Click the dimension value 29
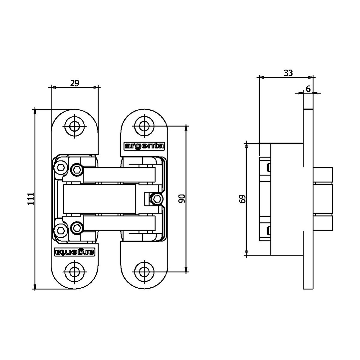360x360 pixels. pyautogui.click(x=75, y=83)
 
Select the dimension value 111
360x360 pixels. pyautogui.click(x=31, y=198)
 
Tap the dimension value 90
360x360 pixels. pyautogui.click(x=181, y=199)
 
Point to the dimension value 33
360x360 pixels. pyautogui.click(x=288, y=73)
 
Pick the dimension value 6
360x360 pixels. pyautogui.click(x=308, y=89)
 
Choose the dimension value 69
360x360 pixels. pyautogui.click(x=242, y=199)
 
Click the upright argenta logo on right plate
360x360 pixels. pyautogui.click(x=144, y=146)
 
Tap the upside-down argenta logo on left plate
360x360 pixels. pyautogui.click(x=75, y=252)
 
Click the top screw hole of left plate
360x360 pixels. pyautogui.click(x=74, y=127)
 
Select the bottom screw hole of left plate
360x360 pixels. pyautogui.click(x=74, y=272)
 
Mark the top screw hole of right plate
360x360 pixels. pyautogui.click(x=144, y=127)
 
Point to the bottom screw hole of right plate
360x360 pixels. pyautogui.click(x=144, y=272)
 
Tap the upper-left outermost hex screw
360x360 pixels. pyautogui.click(x=60, y=167)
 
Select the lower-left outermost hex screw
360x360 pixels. pyautogui.click(x=60, y=231)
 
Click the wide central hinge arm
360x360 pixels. pyautogui.click(x=100, y=199)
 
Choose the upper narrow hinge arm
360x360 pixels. pyautogui.click(x=119, y=175)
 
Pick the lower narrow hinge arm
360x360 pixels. pyautogui.click(x=119, y=223)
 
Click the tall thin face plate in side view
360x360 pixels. pyautogui.click(x=308, y=199)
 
